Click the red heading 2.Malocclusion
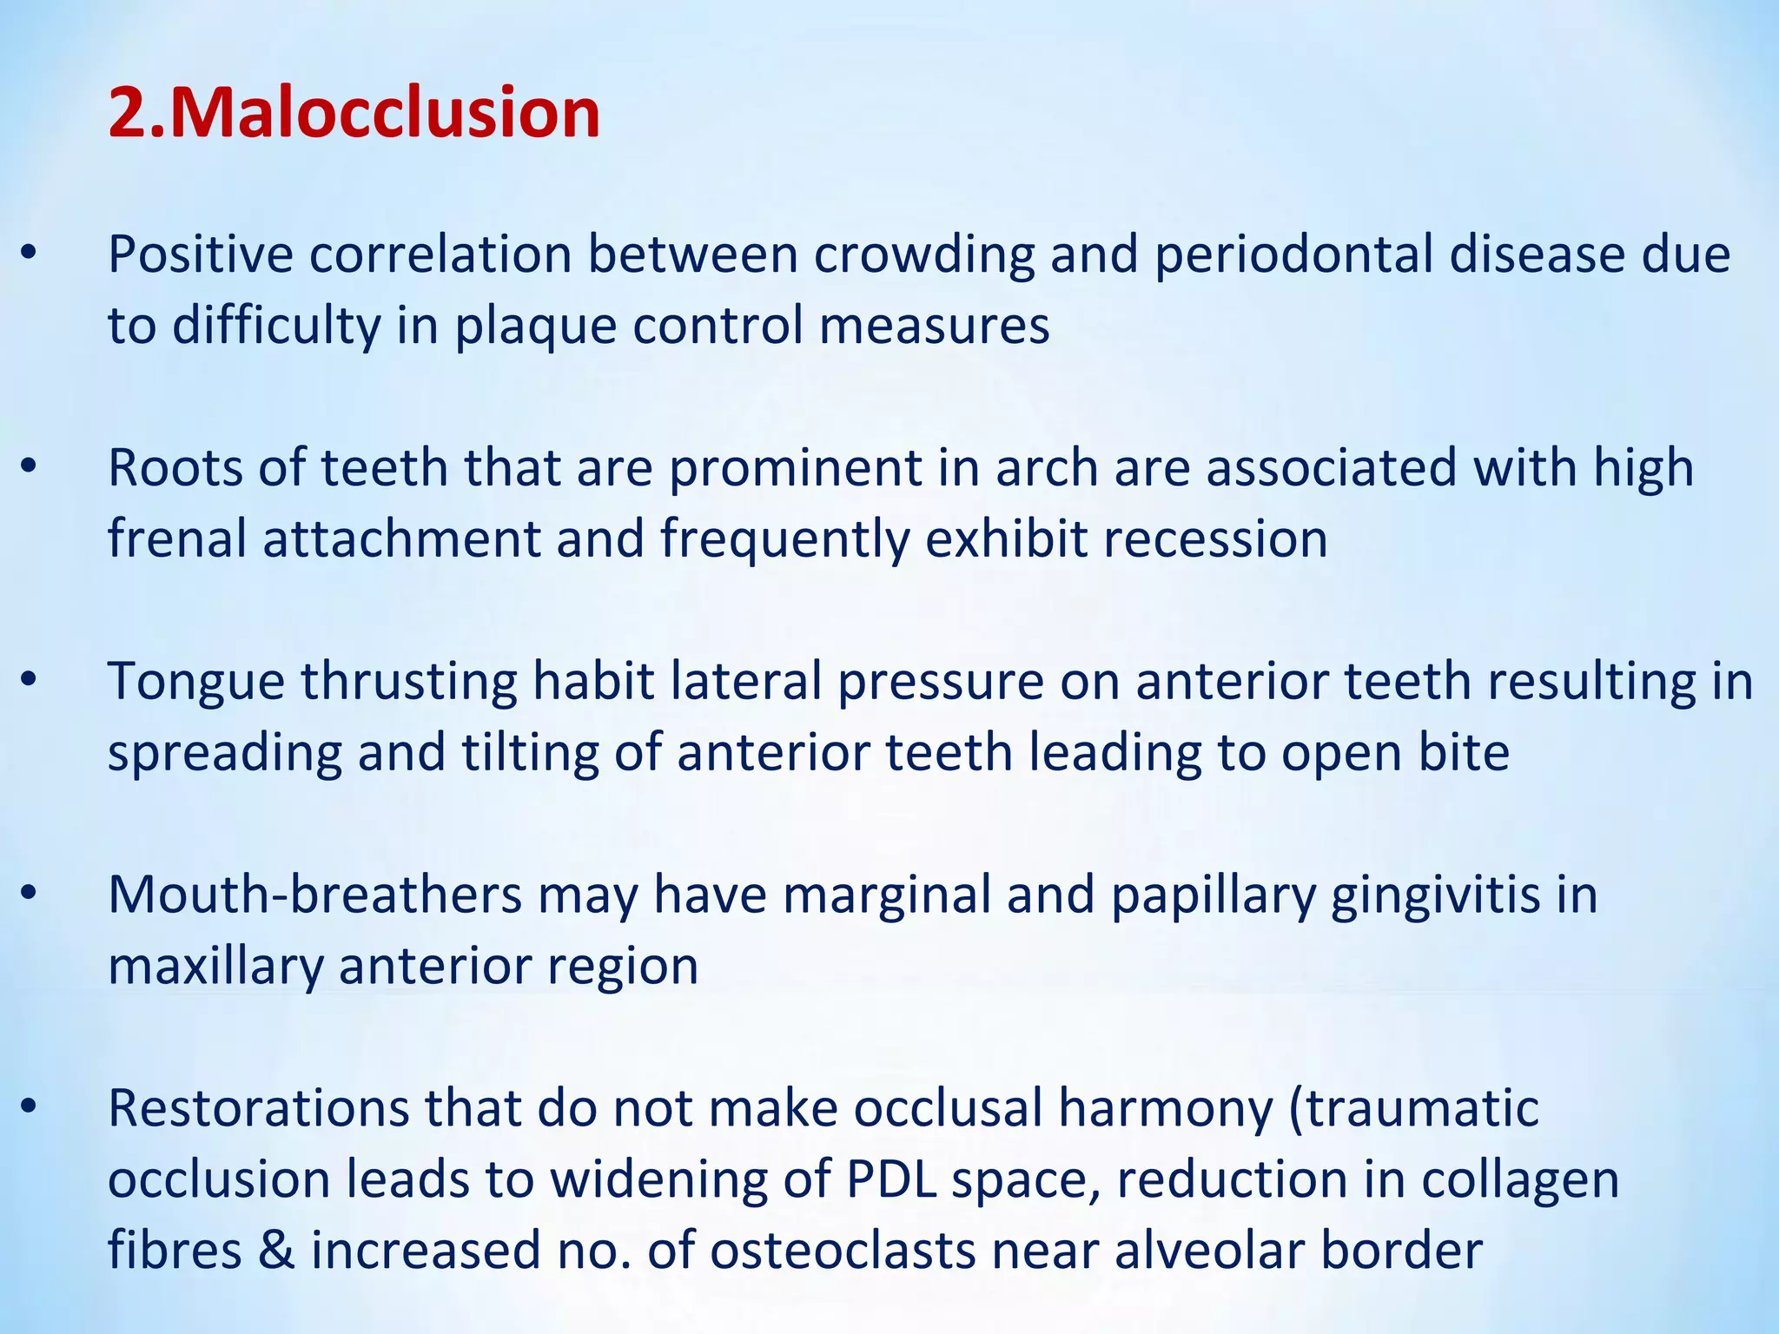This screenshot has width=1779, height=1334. [x=354, y=114]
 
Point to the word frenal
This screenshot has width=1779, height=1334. [x=177, y=538]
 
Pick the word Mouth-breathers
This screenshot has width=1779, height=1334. [x=314, y=895]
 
